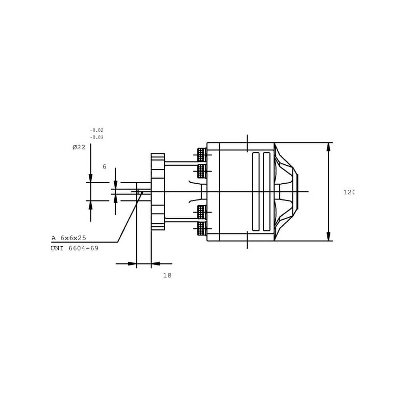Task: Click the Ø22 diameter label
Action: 79,147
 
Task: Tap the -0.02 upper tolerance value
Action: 96,130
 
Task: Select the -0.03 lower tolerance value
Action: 96,137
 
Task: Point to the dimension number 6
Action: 105,166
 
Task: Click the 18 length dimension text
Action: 167,275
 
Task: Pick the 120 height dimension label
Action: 349,192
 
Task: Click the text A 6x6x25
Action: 69,238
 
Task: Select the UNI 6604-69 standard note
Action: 75,248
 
